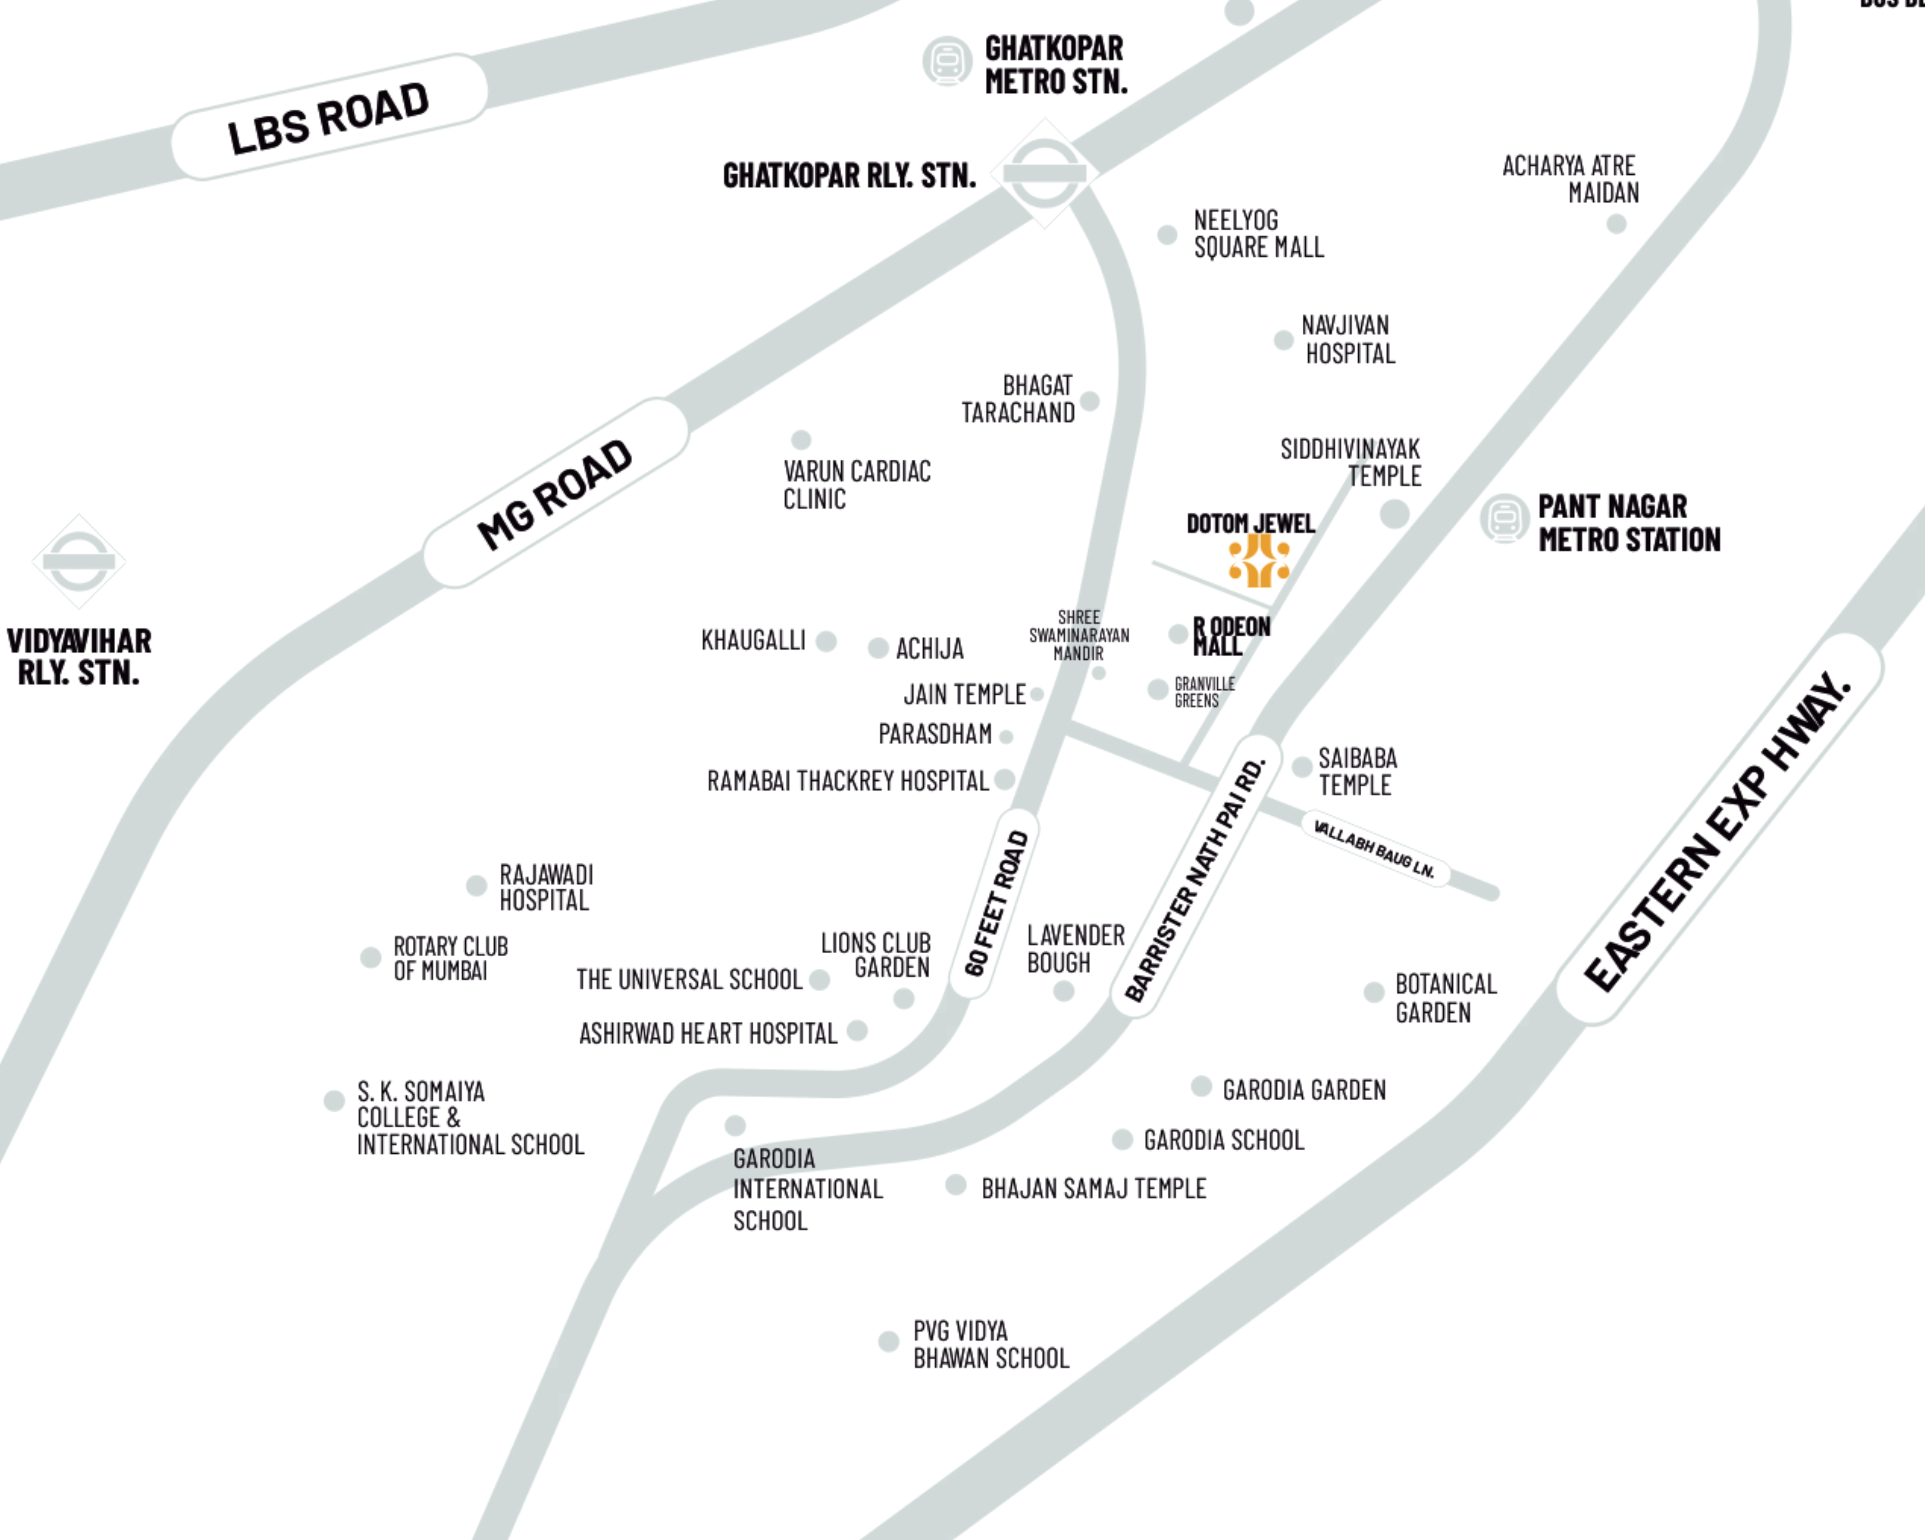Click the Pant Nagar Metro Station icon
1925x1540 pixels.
[1504, 518]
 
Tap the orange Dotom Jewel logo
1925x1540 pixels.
[1259, 560]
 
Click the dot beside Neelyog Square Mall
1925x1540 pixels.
[1167, 235]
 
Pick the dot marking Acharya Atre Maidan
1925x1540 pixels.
[1616, 224]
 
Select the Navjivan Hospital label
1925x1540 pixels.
[1347, 339]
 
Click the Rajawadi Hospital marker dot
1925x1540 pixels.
[477, 886]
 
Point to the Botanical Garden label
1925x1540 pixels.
[1445, 998]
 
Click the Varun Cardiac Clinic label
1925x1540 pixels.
[856, 485]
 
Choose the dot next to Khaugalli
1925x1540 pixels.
[827, 641]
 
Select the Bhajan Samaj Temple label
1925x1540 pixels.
[1093, 1188]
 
